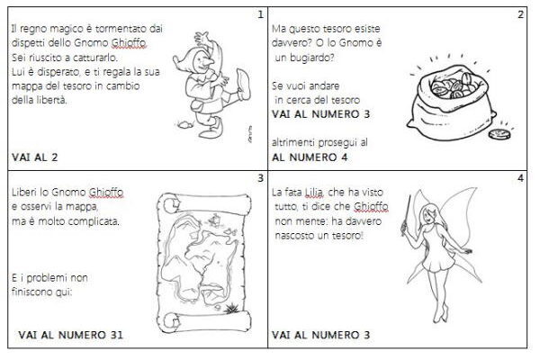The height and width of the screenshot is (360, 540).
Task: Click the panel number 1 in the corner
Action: pyautogui.click(x=260, y=14)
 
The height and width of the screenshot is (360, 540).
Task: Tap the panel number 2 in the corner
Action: pyautogui.click(x=521, y=14)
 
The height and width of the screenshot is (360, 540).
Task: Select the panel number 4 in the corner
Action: pyautogui.click(x=521, y=178)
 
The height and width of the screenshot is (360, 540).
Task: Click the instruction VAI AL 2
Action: pyautogui.click(x=35, y=157)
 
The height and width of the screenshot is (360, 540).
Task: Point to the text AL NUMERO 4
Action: pyautogui.click(x=310, y=157)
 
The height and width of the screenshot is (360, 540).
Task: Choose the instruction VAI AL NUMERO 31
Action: pyautogui.click(x=70, y=335)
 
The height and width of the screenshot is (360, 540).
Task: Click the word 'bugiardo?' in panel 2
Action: pyautogui.click(x=304, y=58)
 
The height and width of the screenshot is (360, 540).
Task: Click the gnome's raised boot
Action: pyautogui.click(x=243, y=84)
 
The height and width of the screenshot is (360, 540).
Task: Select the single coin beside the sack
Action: pyautogui.click(x=499, y=134)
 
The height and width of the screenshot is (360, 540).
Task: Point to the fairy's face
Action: pyautogui.click(x=427, y=216)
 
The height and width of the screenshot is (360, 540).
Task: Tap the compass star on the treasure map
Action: pyautogui.click(x=231, y=307)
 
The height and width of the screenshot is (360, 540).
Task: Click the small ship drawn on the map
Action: pyautogui.click(x=215, y=219)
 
